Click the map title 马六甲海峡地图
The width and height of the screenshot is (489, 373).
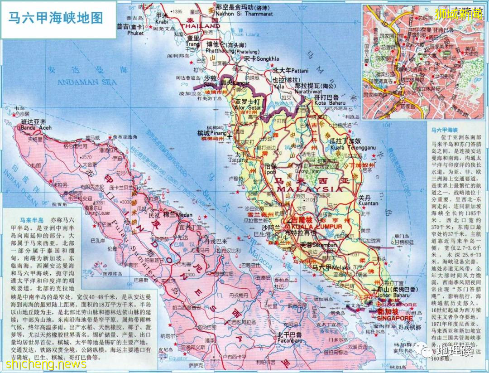[56, 18]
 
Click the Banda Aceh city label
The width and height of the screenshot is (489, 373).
[34, 128]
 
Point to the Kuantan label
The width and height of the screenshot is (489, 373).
[368, 204]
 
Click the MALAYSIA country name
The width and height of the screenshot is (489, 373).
[310, 189]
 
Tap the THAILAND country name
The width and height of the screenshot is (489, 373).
[203, 26]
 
